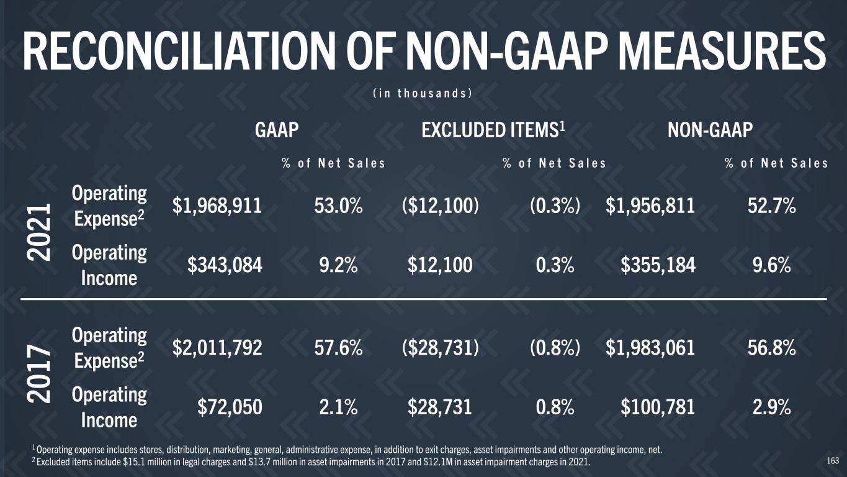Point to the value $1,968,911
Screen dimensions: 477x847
[x=217, y=207]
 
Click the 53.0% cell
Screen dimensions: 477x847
[x=338, y=207]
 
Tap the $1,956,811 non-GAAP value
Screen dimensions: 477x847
[x=650, y=207]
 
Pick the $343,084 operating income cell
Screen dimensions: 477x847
[x=225, y=266]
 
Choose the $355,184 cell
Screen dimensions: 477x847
[x=658, y=266]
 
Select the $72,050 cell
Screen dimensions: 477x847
[x=230, y=407]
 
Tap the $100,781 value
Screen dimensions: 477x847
[x=658, y=407]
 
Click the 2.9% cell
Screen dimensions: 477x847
[x=772, y=407]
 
